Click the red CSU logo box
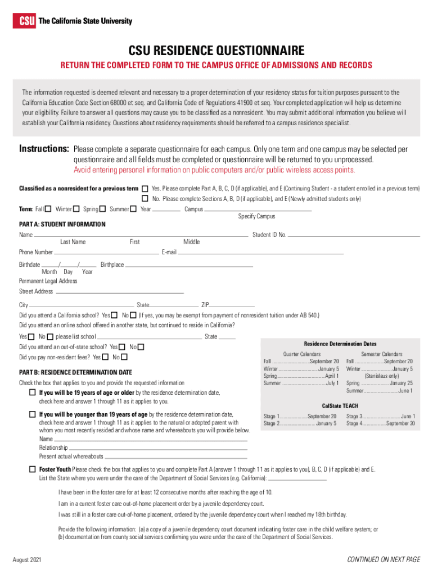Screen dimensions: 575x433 pyautogui.click(x=25, y=21)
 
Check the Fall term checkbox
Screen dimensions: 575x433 pyautogui.click(x=48, y=209)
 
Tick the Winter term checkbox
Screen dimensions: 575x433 pyautogui.click(x=76, y=209)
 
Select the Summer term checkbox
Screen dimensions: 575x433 pyautogui.click(x=133, y=209)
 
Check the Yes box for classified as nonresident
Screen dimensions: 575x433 pyautogui.click(x=145, y=189)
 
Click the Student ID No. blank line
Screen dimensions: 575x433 pyautogui.click(x=354, y=236)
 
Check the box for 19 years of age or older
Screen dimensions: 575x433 pyautogui.click(x=33, y=393)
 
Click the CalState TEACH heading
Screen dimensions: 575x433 pyautogui.click(x=340, y=405)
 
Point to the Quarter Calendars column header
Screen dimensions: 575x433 pyautogui.click(x=301, y=354)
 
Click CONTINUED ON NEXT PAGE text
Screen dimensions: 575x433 pyautogui.click(x=384, y=560)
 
